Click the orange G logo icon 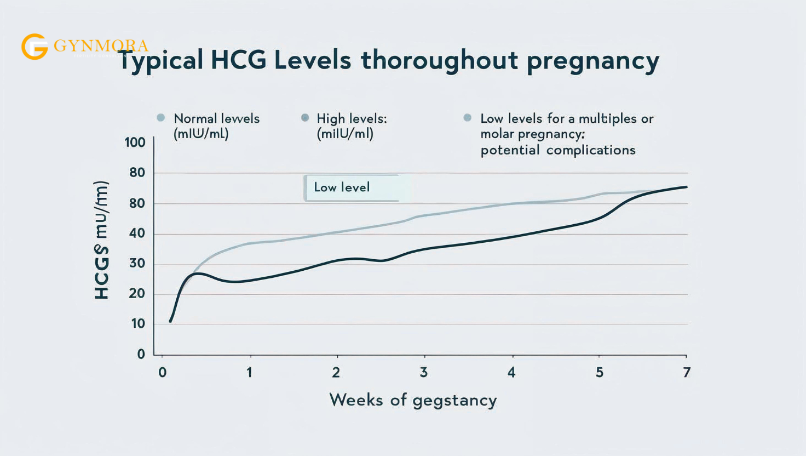click(34, 47)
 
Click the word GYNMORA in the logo click(101, 46)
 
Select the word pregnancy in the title click(592, 60)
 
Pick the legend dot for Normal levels click(161, 118)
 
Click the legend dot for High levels click(305, 118)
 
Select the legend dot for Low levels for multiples click(467, 118)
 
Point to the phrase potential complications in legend click(557, 150)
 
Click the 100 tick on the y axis click(135, 142)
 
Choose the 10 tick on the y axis click(138, 324)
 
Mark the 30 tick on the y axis click(137, 264)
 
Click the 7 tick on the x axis click(687, 373)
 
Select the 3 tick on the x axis click(423, 373)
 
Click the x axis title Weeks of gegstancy click(413, 400)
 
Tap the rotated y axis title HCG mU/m click(102, 240)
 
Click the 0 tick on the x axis click(163, 373)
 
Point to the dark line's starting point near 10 click(171, 321)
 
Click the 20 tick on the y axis click(137, 294)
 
